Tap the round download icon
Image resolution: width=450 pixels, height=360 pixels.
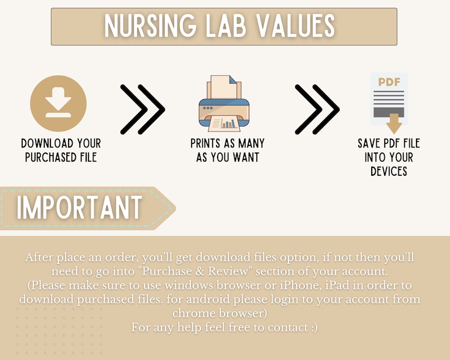click(x=58, y=104)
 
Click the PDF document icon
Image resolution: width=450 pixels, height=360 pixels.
click(x=389, y=100)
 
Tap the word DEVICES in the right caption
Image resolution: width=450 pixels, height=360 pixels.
click(x=389, y=171)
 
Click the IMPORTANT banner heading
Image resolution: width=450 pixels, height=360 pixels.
click(x=79, y=208)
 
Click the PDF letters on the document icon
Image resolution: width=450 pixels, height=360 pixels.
click(x=389, y=82)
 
